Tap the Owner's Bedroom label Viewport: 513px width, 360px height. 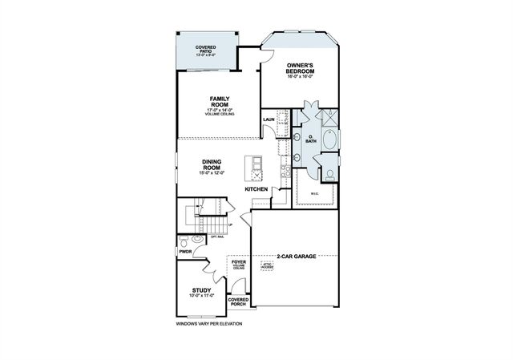pos(293,69)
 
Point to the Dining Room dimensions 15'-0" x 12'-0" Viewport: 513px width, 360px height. pos(212,172)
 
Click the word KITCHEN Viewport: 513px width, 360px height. pos(256,188)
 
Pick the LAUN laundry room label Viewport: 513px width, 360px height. pos(269,120)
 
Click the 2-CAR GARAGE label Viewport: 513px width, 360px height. pos(296,257)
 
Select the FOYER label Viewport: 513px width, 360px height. pos(238,262)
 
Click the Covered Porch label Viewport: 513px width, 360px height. pos(238,301)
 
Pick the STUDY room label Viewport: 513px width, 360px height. pos(201,290)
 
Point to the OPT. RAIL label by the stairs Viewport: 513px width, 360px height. pos(216,237)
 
